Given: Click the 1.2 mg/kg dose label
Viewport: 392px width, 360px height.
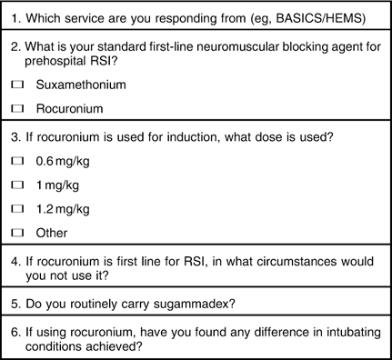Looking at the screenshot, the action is (63, 208).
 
